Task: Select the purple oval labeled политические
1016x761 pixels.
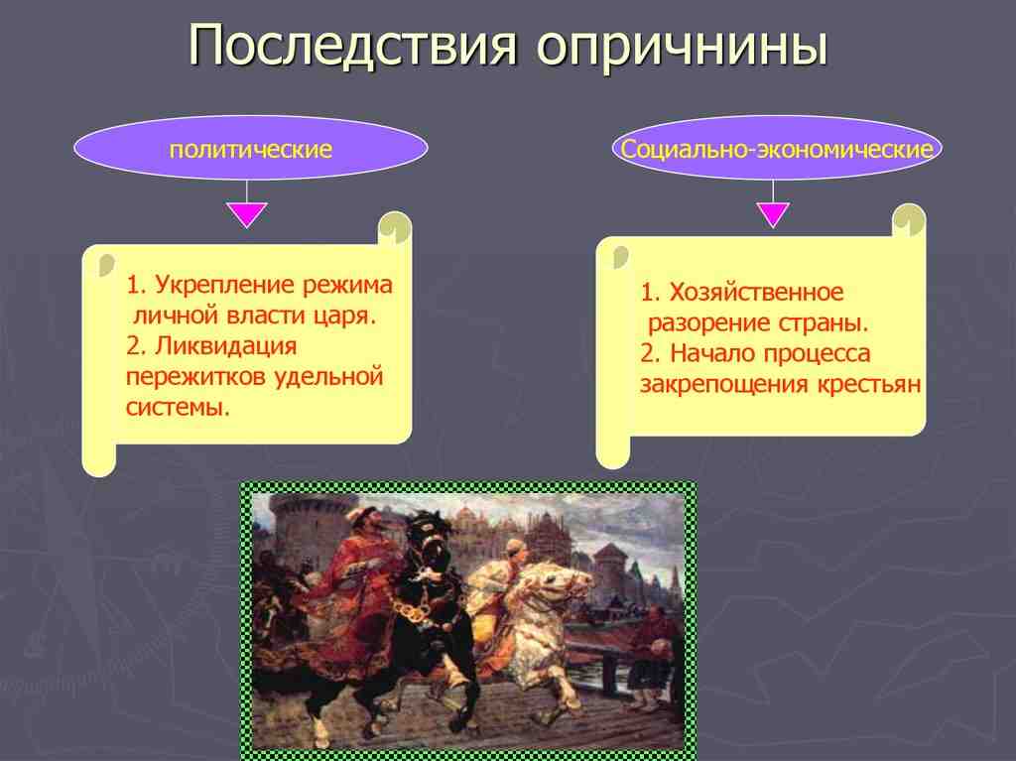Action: point(250,150)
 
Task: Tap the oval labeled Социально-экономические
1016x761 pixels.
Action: point(777,150)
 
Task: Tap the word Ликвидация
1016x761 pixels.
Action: point(223,347)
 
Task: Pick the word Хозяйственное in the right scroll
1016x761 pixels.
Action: point(756,293)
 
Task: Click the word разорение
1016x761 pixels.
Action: point(708,323)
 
